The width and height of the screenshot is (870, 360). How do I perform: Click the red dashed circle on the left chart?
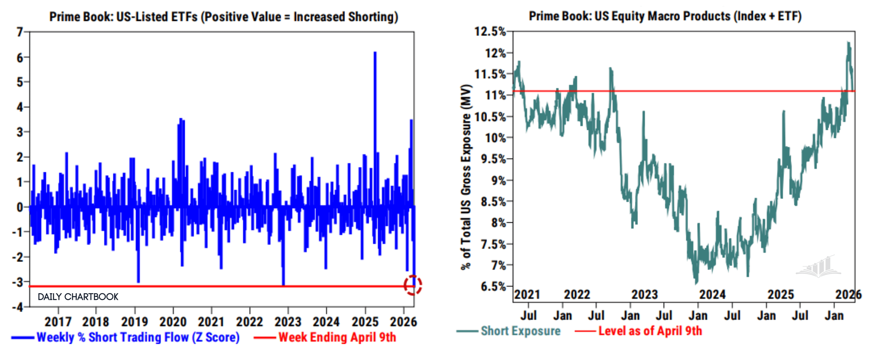(x=413, y=285)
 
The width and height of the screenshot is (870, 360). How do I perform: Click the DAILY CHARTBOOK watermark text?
(x=78, y=297)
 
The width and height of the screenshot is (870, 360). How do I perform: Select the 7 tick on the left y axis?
(x=20, y=32)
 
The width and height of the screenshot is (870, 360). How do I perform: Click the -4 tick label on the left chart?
(x=17, y=307)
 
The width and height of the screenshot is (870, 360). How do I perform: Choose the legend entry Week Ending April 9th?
(x=337, y=337)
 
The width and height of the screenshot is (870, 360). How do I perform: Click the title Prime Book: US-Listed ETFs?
(x=224, y=17)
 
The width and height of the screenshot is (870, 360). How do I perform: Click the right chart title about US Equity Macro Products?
(x=665, y=16)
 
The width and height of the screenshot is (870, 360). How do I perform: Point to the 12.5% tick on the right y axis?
(x=490, y=32)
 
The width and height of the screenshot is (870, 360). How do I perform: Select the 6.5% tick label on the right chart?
(x=493, y=286)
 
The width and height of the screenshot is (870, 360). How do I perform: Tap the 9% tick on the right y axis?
(x=499, y=180)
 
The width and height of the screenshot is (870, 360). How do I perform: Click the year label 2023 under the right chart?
(x=644, y=294)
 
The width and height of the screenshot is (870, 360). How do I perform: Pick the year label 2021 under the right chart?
(x=527, y=294)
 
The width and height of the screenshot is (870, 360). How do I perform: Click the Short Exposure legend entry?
(x=520, y=331)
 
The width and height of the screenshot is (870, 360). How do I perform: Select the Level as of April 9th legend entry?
(x=650, y=331)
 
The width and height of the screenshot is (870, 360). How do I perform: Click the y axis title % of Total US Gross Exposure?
(x=466, y=177)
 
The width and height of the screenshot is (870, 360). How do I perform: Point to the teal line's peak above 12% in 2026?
(x=848, y=43)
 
